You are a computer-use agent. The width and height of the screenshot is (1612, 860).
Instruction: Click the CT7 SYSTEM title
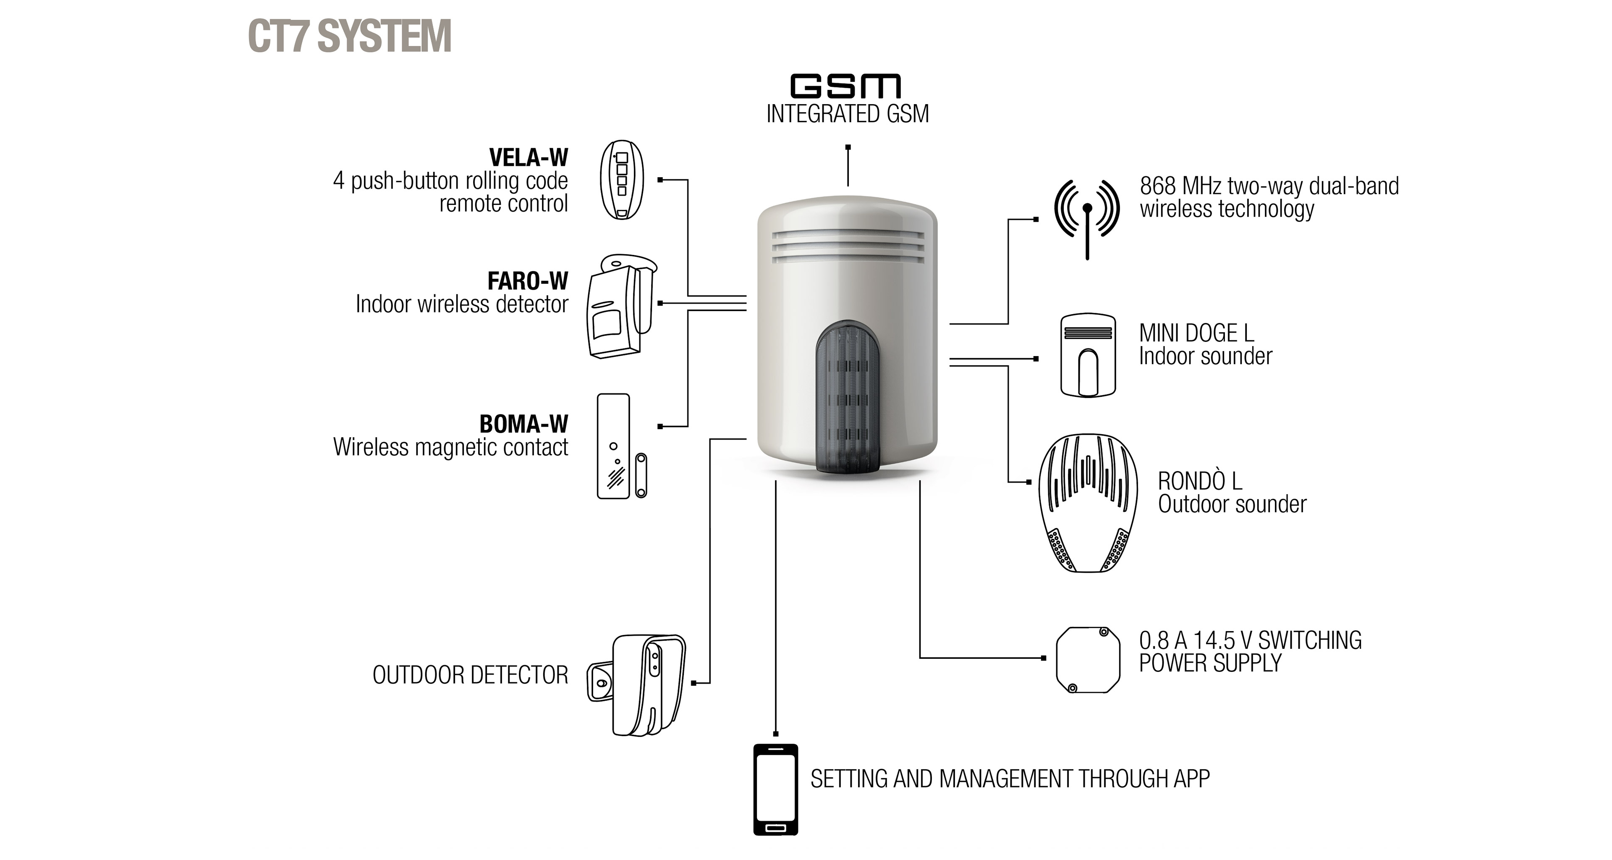[x=350, y=36]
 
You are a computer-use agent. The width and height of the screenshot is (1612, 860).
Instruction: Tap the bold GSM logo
[x=846, y=87]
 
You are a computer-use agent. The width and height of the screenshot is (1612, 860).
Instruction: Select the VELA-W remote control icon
[x=621, y=180]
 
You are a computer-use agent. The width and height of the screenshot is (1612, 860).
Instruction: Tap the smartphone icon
[x=775, y=789]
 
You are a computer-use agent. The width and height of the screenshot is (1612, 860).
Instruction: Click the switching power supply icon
[x=1088, y=660]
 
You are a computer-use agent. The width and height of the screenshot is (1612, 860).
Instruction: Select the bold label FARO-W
[x=528, y=281]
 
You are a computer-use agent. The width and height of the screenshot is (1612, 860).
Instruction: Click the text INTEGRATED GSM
[x=847, y=114]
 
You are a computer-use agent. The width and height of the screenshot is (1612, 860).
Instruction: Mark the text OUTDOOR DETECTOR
[x=471, y=675]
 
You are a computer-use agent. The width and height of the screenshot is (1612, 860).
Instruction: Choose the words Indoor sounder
[x=1205, y=356]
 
